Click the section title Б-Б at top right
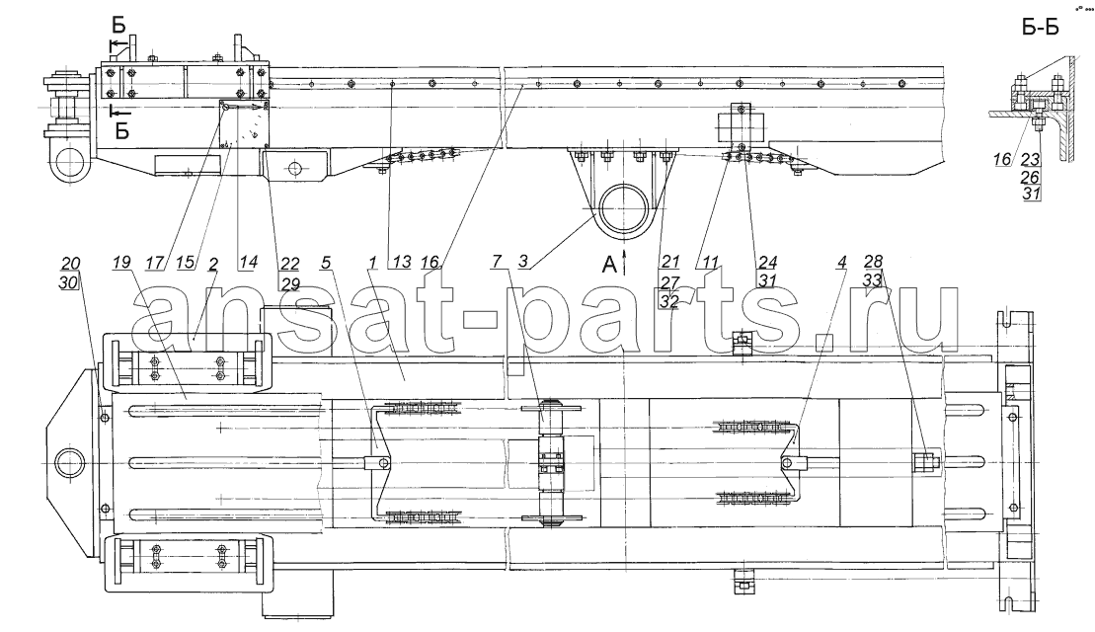1040,28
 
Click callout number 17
155,263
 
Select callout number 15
185,263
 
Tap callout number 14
248,263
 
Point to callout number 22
290,264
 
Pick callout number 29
290,282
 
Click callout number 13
402,263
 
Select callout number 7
497,263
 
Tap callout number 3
523,263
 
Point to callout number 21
669,263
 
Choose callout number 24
767,263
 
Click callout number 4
843,263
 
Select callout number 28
873,263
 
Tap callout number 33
873,280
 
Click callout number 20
70,264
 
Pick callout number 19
120,264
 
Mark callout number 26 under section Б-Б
1031,178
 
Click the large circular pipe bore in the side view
626,208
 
